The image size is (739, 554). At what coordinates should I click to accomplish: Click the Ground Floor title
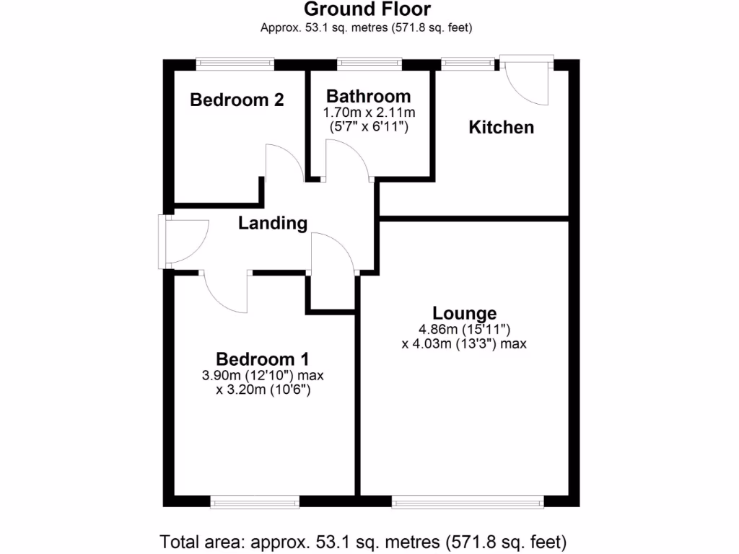[367, 9]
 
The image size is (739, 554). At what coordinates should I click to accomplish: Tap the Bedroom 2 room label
[237, 100]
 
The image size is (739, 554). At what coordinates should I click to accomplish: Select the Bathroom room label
[368, 96]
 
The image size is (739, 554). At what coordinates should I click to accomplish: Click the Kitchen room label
[502, 128]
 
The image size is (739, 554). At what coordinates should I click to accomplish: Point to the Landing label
[273, 224]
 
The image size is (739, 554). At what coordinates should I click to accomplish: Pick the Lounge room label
[464, 313]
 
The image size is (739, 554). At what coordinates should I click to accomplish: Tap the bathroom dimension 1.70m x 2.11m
[368, 113]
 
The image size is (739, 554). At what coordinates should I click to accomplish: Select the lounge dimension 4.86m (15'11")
[463, 329]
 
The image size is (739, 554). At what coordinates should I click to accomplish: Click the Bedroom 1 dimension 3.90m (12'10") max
[263, 375]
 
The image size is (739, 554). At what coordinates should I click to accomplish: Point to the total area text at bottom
[363, 540]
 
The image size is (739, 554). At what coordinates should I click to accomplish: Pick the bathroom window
[369, 64]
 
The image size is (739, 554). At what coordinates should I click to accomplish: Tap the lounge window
[467, 501]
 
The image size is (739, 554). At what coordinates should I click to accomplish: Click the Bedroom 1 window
[255, 501]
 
